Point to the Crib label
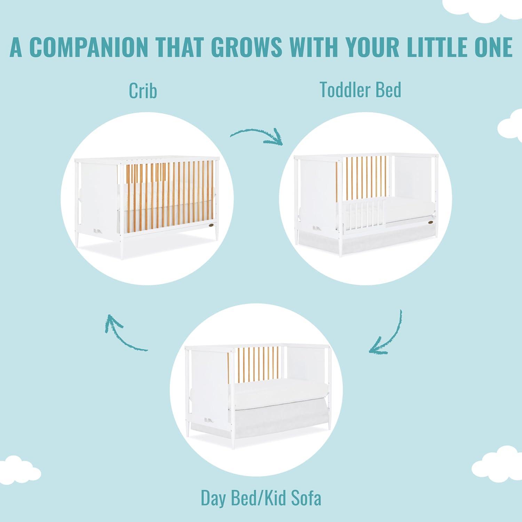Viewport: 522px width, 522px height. (x=143, y=90)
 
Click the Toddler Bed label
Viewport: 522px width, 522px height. (x=361, y=89)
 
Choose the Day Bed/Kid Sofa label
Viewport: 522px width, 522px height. (x=261, y=498)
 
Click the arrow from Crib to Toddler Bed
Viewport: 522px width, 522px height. (x=256, y=132)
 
